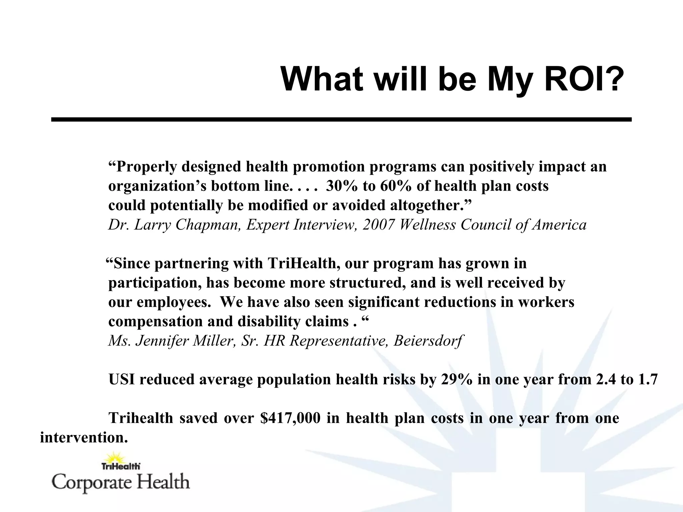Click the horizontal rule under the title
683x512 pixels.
point(341,119)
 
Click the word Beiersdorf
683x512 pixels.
point(428,341)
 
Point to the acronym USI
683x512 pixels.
point(122,379)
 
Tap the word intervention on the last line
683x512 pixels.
point(84,437)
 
